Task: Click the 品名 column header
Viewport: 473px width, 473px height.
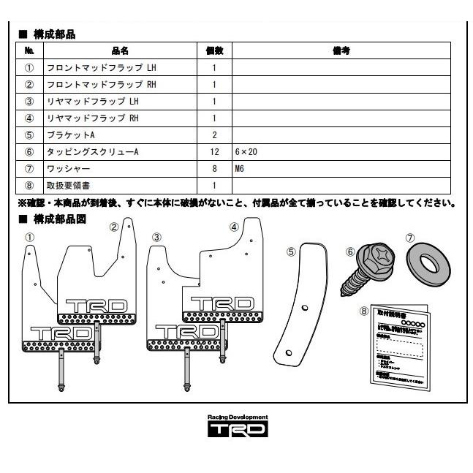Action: coord(121,51)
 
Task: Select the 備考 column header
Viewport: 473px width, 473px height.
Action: coord(340,51)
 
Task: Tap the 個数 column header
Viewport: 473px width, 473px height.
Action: coord(214,51)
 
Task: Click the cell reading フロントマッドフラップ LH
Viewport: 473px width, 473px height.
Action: coord(102,68)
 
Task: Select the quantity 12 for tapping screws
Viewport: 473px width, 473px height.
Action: coord(214,152)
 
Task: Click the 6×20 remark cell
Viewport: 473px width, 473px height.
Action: coord(246,152)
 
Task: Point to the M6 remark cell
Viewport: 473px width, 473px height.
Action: coord(241,169)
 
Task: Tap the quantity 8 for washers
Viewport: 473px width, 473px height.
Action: coord(214,169)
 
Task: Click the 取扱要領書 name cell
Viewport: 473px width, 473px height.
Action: coord(70,186)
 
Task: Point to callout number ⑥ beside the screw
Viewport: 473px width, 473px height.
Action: coord(350,251)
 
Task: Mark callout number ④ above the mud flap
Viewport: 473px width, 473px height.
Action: coord(234,227)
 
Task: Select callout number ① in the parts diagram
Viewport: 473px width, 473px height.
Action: coord(29,237)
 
